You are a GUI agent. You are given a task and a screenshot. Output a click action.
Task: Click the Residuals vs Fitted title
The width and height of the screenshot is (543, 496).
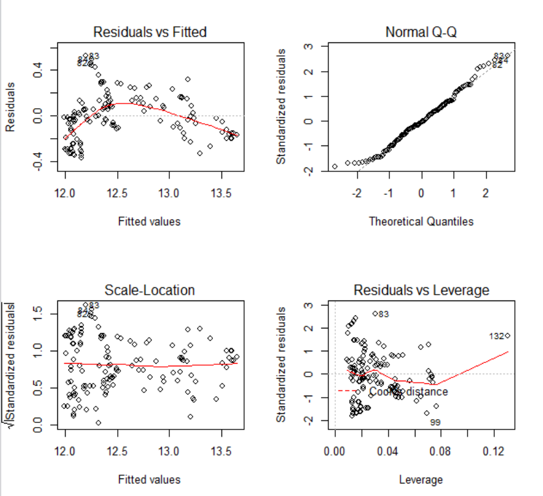coord(150,31)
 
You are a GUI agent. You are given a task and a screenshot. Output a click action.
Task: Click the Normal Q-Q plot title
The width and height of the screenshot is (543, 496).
coord(421,31)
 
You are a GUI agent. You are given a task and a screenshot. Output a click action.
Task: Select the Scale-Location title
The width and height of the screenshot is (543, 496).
coord(150,290)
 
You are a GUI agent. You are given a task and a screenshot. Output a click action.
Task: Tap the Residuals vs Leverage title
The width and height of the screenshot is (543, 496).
coord(421,290)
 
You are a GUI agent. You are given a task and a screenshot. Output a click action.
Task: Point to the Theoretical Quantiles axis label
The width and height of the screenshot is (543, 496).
coord(421,222)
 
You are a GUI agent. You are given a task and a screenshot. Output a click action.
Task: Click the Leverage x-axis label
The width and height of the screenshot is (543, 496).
coord(421,480)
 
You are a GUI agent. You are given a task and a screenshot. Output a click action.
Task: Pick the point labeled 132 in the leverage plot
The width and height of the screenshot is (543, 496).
coord(507,336)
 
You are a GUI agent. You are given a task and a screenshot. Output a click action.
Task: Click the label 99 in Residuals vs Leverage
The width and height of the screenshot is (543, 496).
coord(436,423)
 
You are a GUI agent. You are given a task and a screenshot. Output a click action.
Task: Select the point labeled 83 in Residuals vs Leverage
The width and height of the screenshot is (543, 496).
coord(375,314)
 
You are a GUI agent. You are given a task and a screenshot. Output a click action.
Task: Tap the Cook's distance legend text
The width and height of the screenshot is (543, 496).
coord(408,392)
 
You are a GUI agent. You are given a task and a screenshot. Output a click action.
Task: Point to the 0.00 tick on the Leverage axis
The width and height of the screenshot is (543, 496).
coord(335,450)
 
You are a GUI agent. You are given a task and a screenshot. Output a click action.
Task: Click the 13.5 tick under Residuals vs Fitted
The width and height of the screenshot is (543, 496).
coord(221,194)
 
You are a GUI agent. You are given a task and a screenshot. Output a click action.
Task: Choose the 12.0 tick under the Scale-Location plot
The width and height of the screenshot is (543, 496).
coord(65,451)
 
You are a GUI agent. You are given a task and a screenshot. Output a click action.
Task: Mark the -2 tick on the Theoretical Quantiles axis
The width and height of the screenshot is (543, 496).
coord(357,194)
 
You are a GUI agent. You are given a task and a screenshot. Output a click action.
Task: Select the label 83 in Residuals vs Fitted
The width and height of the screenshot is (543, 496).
coord(94,56)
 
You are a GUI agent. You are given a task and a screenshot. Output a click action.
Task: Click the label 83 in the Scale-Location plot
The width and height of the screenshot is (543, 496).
coord(94,305)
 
